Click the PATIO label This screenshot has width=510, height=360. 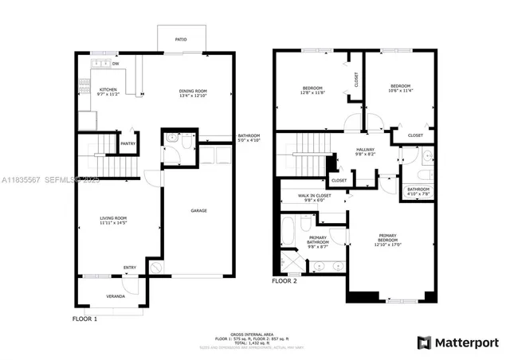tap(181, 37)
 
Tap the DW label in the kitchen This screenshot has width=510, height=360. tap(116, 64)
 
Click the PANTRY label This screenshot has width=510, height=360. tap(127, 143)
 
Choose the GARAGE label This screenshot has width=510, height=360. tap(198, 211)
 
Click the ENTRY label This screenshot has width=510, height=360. tap(129, 267)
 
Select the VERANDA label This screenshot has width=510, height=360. tap(116, 296)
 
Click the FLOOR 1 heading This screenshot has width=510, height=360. tap(84, 319)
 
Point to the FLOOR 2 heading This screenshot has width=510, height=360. tap(284, 281)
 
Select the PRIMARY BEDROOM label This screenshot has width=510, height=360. tap(388, 239)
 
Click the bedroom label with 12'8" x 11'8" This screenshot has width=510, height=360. tap(312, 89)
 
